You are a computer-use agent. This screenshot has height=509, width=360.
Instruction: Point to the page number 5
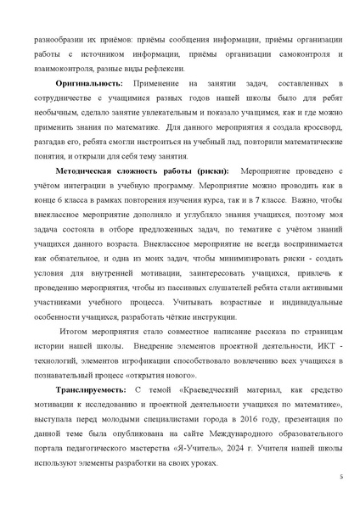click(340, 478)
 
